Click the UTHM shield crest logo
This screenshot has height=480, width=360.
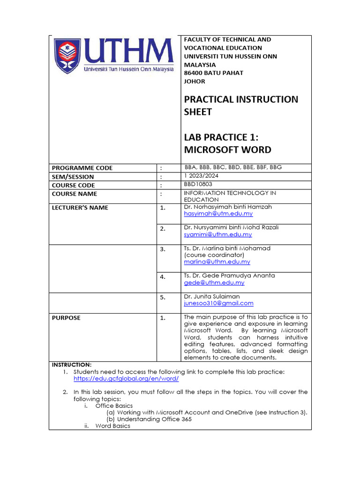pos(67,56)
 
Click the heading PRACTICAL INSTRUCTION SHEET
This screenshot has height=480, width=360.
pos(241,105)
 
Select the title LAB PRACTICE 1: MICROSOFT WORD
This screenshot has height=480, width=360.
pos(227,143)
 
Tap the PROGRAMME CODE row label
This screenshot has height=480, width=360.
pos(82,168)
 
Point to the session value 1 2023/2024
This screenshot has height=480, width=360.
pos(202,176)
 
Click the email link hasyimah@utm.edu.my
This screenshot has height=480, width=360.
pos(218,214)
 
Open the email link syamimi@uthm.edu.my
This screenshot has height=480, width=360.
pos(217,234)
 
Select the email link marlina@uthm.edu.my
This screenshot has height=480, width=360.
pos(217,262)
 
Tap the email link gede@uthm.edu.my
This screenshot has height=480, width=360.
pos(214,283)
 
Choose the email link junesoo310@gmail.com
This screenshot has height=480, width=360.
pos(218,303)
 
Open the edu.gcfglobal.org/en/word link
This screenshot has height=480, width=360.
pos(126,378)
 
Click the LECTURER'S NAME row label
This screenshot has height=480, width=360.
pos(80,208)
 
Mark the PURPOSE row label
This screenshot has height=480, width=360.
pos(66,318)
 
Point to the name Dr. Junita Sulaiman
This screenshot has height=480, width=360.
pos(211,297)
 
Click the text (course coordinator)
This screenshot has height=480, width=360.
pos(214,255)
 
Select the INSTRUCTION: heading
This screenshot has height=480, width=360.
pos(72,365)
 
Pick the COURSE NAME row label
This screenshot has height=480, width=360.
pos(75,194)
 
